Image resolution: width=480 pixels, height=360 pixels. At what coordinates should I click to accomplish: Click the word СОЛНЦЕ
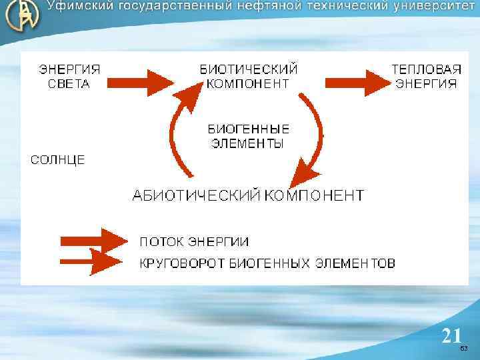59,160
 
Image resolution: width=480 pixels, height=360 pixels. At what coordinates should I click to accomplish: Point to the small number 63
464,349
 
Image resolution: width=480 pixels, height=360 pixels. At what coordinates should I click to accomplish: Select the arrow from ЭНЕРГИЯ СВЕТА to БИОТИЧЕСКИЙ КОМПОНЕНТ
140,82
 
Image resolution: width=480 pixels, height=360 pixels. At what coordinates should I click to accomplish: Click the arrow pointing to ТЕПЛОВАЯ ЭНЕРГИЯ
357,82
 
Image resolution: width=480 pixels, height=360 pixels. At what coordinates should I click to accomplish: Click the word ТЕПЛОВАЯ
426,69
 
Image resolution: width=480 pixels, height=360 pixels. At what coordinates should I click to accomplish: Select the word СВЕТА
69,84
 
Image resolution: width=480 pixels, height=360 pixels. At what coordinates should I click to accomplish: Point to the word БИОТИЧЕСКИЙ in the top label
249,69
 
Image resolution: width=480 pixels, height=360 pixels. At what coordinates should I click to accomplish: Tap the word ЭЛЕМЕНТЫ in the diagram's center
247,143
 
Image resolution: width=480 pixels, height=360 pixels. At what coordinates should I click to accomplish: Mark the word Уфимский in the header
79,7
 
